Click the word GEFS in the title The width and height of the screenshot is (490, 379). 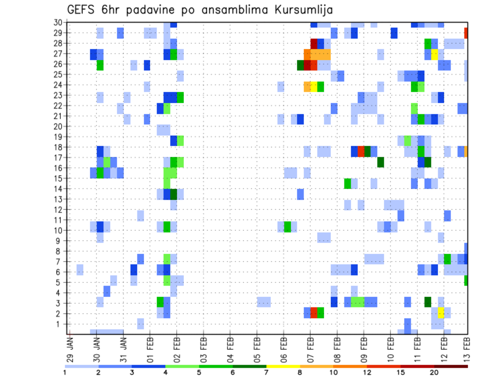(x=84, y=10)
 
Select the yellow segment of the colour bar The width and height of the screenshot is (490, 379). (x=283, y=366)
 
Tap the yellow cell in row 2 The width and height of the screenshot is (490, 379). (x=441, y=313)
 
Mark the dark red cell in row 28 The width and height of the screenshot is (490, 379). (x=314, y=43)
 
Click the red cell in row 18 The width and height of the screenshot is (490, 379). (x=361, y=152)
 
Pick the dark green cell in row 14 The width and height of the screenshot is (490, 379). (x=174, y=194)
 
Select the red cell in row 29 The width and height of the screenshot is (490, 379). (x=465, y=33)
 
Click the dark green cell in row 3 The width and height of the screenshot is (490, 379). (x=428, y=302)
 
